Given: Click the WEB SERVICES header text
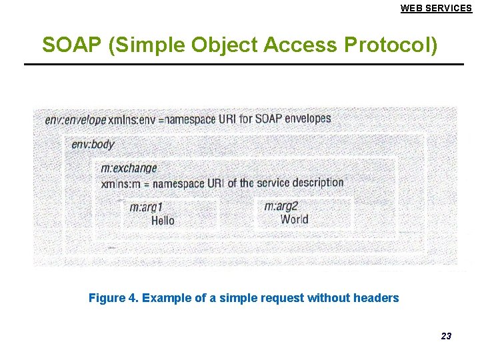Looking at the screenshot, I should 436,8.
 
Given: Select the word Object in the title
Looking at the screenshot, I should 225,45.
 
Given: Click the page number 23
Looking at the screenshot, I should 446,336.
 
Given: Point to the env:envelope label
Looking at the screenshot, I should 75,120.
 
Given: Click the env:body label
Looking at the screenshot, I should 93,144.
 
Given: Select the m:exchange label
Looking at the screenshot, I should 129,168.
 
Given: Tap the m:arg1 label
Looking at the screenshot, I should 146,207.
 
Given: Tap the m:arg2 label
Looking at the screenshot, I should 281,206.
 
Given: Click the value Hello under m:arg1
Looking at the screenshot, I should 163,220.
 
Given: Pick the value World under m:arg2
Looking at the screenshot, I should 294,219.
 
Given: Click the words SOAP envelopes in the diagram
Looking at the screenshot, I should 293,119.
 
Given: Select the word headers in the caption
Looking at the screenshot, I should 377,298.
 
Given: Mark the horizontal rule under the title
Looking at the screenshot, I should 243,64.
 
